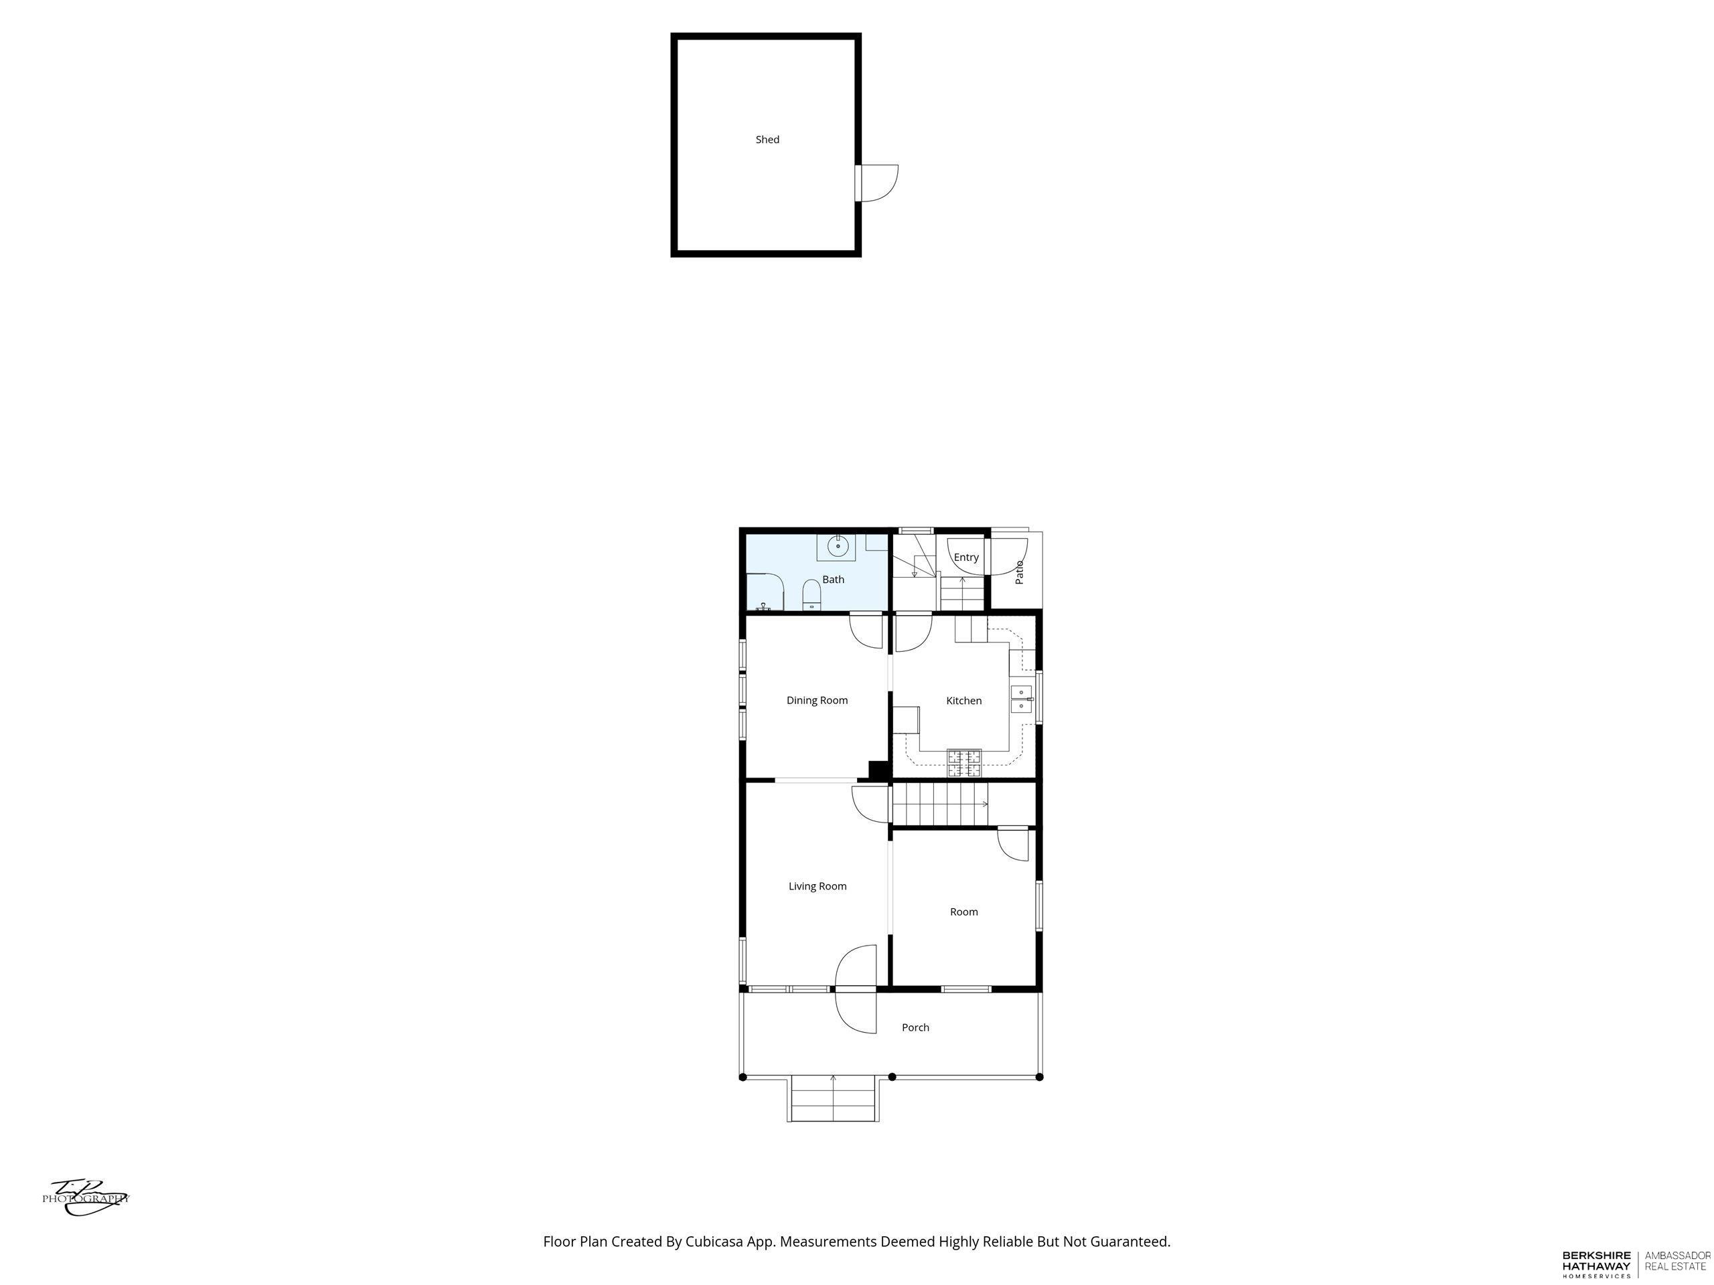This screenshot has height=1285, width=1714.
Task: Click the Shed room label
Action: point(767,139)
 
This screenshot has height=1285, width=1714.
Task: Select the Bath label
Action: point(833,580)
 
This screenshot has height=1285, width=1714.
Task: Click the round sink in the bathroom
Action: point(838,547)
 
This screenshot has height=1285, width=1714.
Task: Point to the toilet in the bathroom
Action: point(811,594)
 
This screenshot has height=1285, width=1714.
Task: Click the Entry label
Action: point(966,557)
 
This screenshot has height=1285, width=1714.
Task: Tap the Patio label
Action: point(1019,572)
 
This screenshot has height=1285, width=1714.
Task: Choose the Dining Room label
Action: point(817,700)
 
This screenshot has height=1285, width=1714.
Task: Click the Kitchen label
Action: point(964,700)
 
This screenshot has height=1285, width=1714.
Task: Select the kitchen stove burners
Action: point(964,763)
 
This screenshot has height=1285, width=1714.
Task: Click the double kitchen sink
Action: point(1021,699)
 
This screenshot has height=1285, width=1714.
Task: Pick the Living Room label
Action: point(817,886)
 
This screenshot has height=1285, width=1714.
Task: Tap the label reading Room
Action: point(964,912)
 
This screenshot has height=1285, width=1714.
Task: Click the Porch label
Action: point(915,1027)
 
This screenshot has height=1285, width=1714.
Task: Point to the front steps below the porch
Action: point(834,1099)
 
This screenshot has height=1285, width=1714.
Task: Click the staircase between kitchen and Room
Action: point(941,804)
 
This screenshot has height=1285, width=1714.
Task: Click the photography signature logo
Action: point(86,1197)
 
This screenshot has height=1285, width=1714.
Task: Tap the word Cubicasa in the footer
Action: point(714,1241)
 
